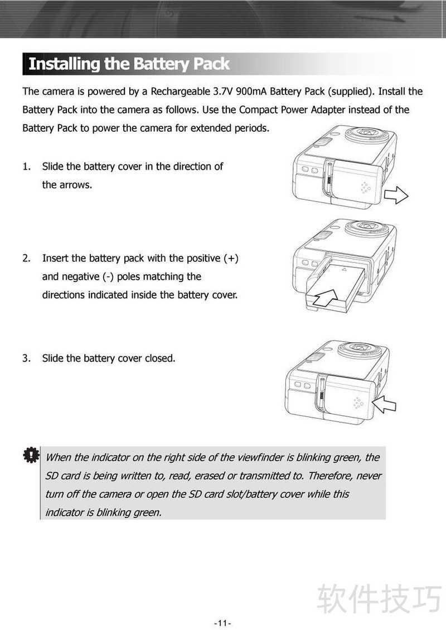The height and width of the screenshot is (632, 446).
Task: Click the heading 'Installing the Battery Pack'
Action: click(129, 64)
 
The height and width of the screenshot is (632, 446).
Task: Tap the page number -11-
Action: click(222, 623)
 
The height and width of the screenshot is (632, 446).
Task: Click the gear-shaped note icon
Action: click(31, 455)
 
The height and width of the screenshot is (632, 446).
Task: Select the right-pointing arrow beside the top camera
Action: click(396, 195)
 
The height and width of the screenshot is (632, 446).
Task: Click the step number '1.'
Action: click(27, 166)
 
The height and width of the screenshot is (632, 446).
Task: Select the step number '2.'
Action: click(27, 258)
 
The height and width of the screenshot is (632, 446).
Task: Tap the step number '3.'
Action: click(27, 358)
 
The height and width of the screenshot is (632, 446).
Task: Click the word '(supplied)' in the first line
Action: click(351, 92)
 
